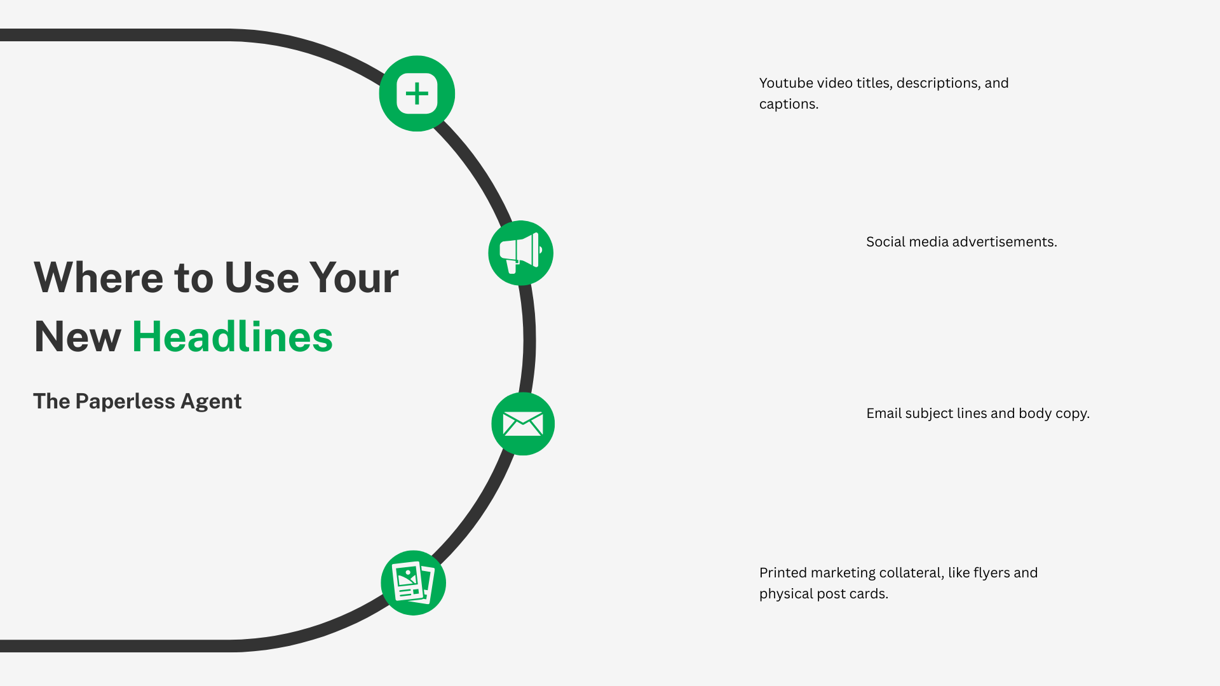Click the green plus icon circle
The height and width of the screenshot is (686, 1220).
click(417, 93)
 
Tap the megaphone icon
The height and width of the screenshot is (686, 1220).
click(520, 253)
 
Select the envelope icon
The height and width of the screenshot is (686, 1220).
click(523, 424)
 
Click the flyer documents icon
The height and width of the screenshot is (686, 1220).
click(414, 582)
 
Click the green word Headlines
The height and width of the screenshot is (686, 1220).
click(233, 337)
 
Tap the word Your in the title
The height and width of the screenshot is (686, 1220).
click(354, 278)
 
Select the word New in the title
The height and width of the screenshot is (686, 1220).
click(78, 337)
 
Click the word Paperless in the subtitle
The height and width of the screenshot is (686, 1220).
click(125, 401)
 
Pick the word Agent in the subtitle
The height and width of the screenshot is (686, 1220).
click(211, 401)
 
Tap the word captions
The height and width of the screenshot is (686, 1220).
click(789, 105)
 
